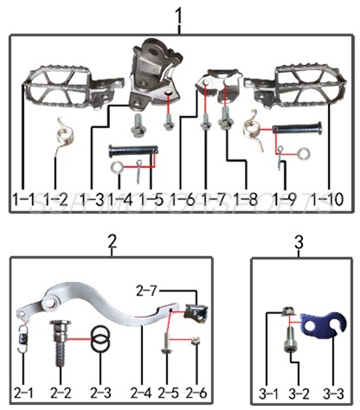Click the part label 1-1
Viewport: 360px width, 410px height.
(x=22, y=200)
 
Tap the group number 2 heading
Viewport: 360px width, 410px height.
(x=111, y=240)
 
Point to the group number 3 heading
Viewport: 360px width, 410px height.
(x=298, y=240)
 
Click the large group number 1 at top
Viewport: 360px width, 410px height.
(x=179, y=16)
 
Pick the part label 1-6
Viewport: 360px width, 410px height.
(x=183, y=200)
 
